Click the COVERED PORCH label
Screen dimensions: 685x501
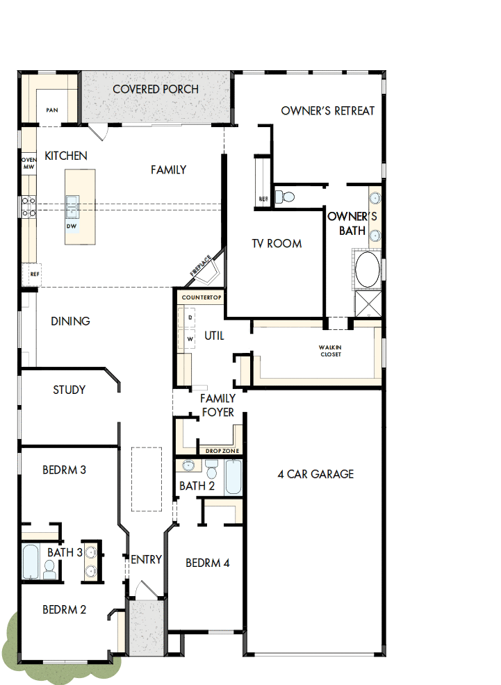[x=156, y=89]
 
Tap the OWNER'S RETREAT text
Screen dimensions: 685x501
[x=327, y=110]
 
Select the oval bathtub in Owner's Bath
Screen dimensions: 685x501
[x=368, y=270]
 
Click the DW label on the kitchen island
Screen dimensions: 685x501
[x=72, y=226]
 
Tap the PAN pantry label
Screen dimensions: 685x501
[x=51, y=110]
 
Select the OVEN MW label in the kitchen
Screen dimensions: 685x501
[x=28, y=163]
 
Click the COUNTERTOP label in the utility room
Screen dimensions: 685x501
[x=201, y=297]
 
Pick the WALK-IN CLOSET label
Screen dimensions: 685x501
[x=331, y=351]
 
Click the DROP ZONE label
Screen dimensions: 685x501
[x=222, y=451]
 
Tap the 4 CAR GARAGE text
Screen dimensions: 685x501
[x=315, y=474]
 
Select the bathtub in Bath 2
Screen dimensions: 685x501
[x=233, y=477]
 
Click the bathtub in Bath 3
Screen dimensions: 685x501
[x=31, y=561]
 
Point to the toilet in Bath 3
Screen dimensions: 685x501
[x=49, y=570]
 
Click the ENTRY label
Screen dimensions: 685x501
[x=147, y=559]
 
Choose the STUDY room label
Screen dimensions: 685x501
[x=69, y=390]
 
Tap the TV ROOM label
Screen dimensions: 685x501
[x=277, y=243]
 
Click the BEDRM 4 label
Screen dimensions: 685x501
[x=207, y=563]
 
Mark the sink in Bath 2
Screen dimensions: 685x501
[x=188, y=466]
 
